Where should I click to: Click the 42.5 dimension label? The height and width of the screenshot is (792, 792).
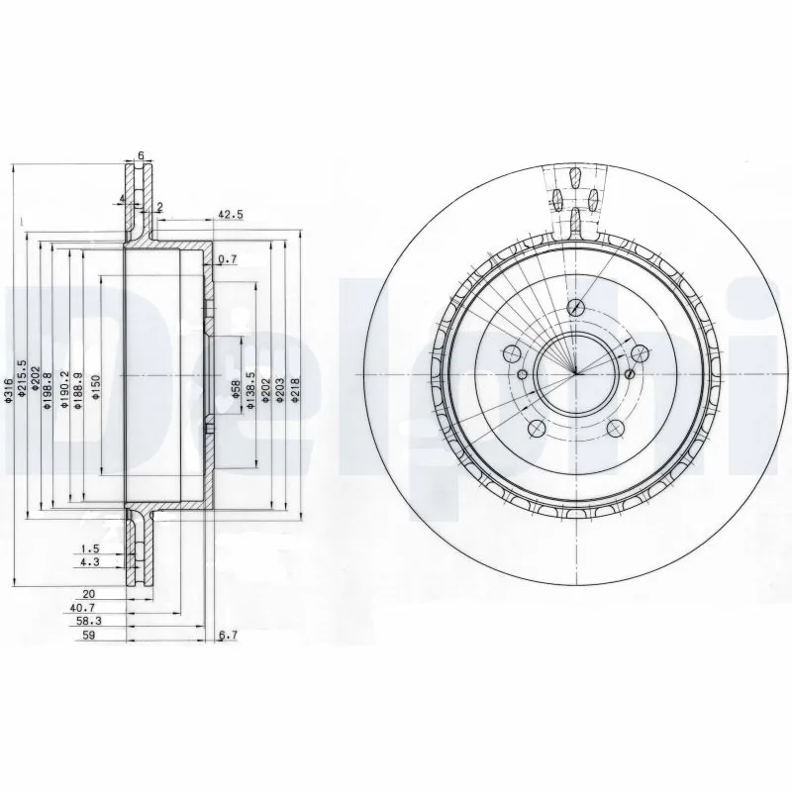(x=230, y=213)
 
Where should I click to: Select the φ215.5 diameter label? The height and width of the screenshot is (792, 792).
(x=23, y=376)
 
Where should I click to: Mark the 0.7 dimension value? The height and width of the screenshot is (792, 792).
(x=227, y=259)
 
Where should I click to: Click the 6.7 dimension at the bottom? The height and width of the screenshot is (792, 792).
(x=229, y=636)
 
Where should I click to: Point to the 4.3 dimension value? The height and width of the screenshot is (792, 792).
(x=89, y=562)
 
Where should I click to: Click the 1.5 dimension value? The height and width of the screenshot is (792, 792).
(x=89, y=548)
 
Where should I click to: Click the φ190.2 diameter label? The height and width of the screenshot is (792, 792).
(x=64, y=382)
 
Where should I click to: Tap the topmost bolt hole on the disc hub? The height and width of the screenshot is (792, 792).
(x=573, y=308)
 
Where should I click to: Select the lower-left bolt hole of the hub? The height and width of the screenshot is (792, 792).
(x=536, y=427)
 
